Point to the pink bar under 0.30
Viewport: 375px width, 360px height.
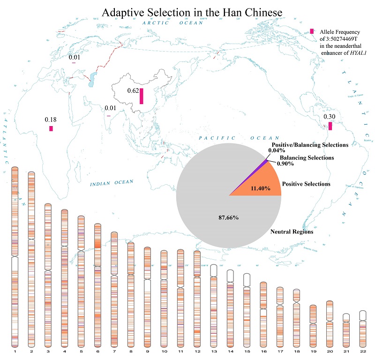tap(330, 126)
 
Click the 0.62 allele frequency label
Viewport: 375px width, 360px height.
tap(133, 90)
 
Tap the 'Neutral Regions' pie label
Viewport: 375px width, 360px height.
tap(292, 232)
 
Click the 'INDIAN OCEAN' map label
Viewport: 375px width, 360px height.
tap(112, 182)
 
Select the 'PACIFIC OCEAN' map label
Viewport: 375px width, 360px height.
tap(232, 138)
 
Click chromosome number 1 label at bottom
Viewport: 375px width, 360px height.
tap(15, 351)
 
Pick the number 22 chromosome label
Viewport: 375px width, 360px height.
tap(362, 351)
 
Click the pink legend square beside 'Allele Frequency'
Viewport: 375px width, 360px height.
tap(312, 31)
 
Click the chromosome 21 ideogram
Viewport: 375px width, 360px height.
tap(346, 330)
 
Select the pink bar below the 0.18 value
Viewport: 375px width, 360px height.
tap(51, 128)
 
